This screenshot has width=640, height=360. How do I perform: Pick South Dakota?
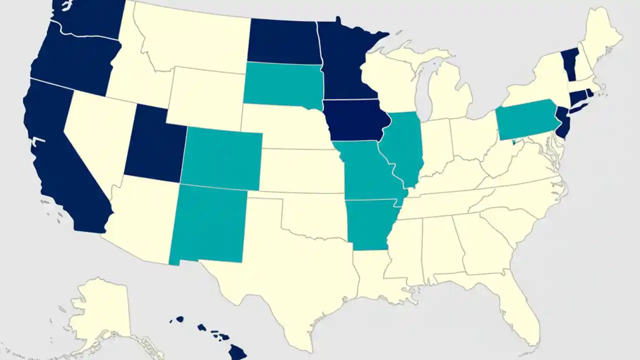click(282, 85)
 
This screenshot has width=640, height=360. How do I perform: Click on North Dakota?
click(284, 42)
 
